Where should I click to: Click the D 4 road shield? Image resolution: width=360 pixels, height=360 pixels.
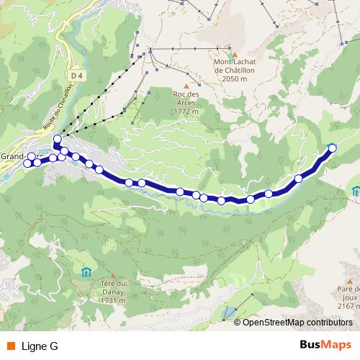point(78,74)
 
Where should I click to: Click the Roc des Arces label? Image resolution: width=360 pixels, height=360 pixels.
point(185,102)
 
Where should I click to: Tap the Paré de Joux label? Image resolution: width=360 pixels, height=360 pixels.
point(348,296)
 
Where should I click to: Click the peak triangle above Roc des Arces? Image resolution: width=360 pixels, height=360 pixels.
point(185,86)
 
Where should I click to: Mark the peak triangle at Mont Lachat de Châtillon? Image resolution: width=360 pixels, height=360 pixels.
point(231,54)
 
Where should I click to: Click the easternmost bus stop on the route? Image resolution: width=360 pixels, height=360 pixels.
point(332,147)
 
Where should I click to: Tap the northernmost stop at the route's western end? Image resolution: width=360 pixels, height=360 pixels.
point(58,138)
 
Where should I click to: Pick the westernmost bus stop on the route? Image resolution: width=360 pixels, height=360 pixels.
point(28,163)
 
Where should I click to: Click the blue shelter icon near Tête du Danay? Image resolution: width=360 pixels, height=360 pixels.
point(86,271)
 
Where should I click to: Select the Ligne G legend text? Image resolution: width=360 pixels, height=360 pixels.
point(40,346)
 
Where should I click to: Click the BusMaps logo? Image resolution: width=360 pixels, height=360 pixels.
point(325,346)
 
